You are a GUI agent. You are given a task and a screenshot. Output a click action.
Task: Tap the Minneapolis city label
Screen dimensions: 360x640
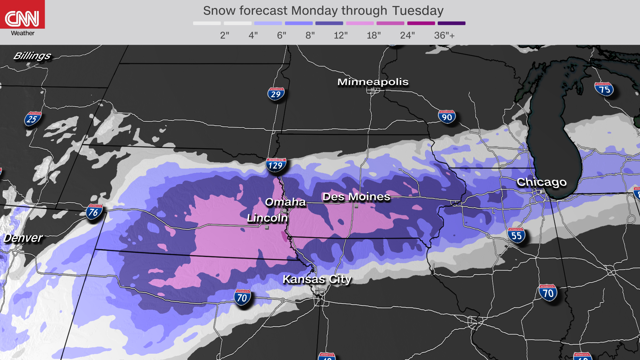point(373,82)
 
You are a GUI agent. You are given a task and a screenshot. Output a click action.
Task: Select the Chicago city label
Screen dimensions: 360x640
point(541,182)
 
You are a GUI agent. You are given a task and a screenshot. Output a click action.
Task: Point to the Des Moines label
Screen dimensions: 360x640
point(356,197)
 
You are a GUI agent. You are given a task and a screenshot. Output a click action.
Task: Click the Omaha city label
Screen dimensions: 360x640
point(285,202)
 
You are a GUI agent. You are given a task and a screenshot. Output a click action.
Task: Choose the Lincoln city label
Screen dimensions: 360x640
point(267,218)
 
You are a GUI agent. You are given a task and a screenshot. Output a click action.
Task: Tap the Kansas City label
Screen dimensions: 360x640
point(317,279)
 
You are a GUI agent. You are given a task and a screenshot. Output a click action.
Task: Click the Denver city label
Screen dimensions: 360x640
point(23,238)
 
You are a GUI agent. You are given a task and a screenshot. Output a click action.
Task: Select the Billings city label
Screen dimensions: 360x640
point(32,56)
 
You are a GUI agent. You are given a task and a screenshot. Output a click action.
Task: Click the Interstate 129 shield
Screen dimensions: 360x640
point(276,165)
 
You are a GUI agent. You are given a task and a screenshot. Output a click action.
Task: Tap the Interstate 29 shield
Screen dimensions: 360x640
point(276,94)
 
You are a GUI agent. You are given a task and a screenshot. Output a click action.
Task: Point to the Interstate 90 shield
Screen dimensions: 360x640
point(447,117)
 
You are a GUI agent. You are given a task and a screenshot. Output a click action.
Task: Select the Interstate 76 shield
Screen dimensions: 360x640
point(94,212)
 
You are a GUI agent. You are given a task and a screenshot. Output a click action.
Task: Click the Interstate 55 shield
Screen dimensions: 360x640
point(516,235)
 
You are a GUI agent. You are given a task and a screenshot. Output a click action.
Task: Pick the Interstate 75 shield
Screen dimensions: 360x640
point(604,89)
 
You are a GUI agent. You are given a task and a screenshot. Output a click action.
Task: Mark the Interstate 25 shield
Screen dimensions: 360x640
point(32,119)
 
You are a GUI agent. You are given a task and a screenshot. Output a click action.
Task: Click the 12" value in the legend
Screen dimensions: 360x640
point(340,35)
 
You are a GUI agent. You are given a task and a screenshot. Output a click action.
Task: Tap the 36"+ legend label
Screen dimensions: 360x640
point(444,35)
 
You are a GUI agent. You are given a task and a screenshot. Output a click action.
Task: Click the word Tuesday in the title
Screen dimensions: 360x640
point(417,11)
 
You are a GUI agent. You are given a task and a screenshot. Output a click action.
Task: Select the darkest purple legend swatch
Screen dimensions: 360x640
point(451,23)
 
